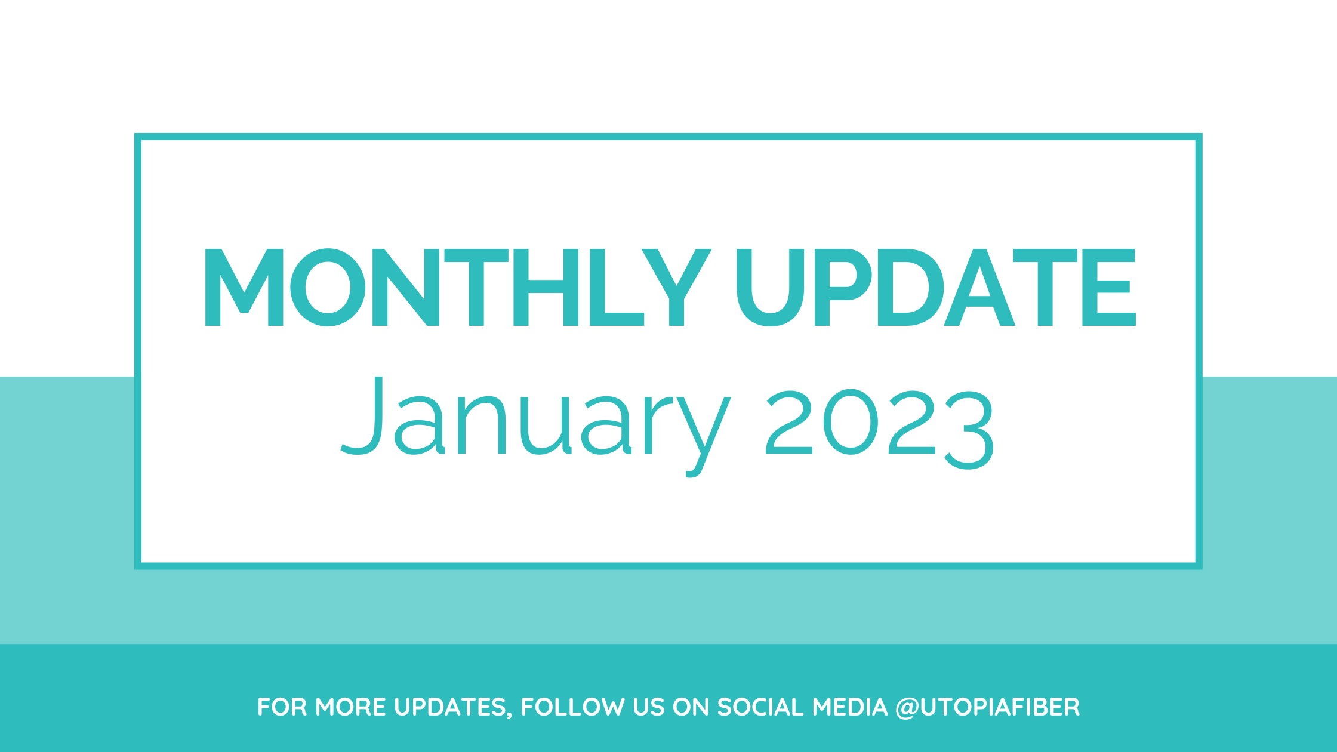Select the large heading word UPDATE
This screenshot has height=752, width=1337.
(x=936, y=288)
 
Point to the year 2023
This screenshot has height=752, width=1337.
(x=880, y=429)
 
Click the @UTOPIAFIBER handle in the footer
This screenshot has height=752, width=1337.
(x=987, y=707)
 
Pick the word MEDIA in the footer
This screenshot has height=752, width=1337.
(x=850, y=707)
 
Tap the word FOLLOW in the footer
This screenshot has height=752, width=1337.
(x=572, y=707)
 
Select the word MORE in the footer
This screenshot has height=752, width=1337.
(x=350, y=707)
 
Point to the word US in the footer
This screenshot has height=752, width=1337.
(x=649, y=707)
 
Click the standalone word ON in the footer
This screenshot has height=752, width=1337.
(x=691, y=707)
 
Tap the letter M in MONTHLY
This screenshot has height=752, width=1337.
(x=244, y=288)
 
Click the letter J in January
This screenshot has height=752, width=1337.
(x=362, y=415)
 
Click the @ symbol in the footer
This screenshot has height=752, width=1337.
(x=907, y=708)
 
